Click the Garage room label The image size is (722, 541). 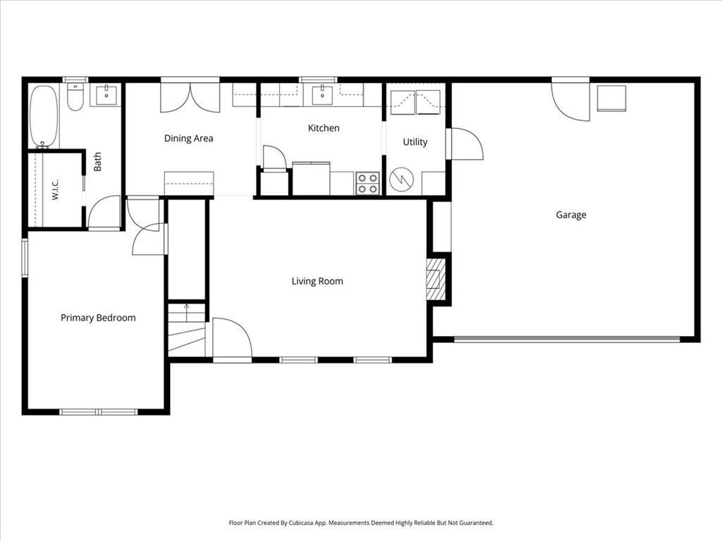571,215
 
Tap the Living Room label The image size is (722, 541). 317,281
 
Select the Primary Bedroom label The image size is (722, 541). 98,318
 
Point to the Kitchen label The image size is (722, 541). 324,128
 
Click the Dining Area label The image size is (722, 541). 189,138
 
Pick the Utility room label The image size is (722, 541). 415,142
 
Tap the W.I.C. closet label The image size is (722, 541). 55,189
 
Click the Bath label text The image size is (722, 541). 97,162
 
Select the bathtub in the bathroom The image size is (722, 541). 44,116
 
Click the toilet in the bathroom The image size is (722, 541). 75,97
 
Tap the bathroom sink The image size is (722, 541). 106,95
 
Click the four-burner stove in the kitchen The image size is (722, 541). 367,183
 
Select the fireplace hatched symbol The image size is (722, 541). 436,279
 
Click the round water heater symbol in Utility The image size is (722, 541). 401,180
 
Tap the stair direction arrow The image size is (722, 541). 186,313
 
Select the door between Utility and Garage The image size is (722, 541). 465,144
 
